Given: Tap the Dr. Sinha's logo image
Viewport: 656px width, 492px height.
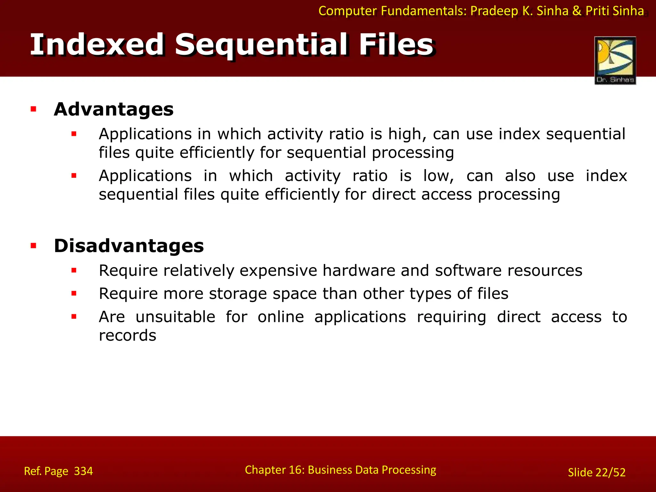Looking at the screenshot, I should (x=615, y=60).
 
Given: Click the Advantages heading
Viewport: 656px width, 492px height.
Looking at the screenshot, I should (x=114, y=110).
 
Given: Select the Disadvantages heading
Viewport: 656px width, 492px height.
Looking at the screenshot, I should (x=129, y=246).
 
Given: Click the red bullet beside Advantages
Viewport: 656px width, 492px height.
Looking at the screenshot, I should (x=33, y=110).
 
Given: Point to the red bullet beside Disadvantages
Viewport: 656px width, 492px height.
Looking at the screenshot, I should (x=33, y=246).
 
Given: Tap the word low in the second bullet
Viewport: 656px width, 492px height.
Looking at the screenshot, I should (x=438, y=176).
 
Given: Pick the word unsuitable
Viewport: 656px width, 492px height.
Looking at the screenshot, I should (x=175, y=317).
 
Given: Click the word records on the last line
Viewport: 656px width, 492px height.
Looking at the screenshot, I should (x=127, y=336).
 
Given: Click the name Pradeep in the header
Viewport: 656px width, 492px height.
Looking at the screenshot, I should (x=494, y=11).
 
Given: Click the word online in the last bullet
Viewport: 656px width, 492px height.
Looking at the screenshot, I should (x=281, y=317).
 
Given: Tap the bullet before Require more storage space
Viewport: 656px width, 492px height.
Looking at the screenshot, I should (x=74, y=293).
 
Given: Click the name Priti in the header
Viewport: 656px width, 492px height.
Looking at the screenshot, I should (x=598, y=11).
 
